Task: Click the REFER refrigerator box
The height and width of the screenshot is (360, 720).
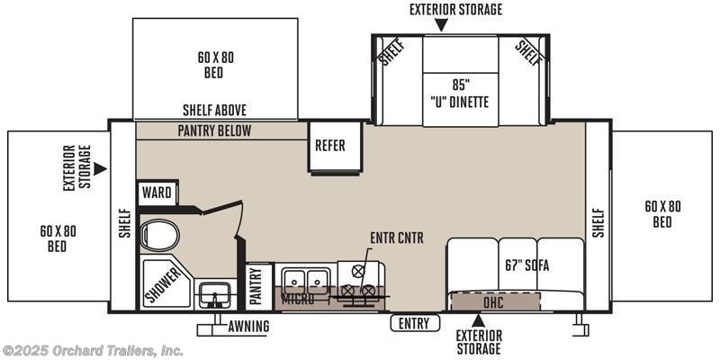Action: point(336,147)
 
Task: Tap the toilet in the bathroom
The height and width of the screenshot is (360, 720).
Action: point(159,235)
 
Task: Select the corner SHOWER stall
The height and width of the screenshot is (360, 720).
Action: point(166,282)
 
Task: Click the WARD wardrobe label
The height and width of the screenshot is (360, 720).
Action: point(157,193)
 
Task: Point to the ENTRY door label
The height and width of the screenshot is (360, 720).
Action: point(414,323)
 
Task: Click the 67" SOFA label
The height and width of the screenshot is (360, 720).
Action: point(526,265)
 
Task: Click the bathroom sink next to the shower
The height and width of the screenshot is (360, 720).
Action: point(215,294)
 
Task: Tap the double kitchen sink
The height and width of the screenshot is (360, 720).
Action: point(305,278)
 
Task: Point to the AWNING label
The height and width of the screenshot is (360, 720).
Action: point(248,327)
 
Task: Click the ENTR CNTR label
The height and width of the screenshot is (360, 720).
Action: point(397,238)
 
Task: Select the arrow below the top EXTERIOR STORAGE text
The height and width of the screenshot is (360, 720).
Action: point(441,25)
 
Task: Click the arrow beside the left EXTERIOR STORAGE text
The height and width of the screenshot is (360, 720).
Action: point(100,168)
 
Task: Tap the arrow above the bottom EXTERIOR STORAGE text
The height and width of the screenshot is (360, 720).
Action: point(479,320)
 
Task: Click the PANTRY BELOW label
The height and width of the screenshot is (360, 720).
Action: point(214,130)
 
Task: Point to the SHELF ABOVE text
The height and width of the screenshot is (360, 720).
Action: point(214,110)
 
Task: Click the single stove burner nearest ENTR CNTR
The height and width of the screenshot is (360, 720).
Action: point(357,271)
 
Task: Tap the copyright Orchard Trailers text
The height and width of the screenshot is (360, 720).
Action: point(92,351)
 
